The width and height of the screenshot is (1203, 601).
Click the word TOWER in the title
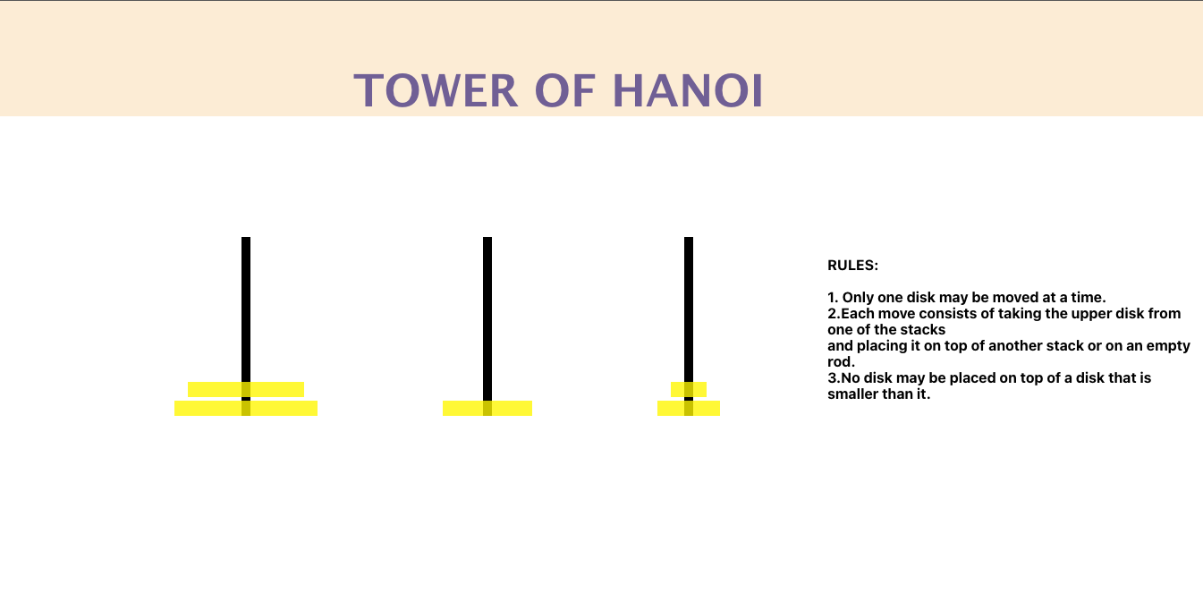[x=436, y=90]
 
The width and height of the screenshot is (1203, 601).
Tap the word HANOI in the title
[x=688, y=90]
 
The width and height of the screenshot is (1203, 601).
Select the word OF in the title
[x=565, y=90]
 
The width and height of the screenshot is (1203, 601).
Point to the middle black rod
[x=487, y=318]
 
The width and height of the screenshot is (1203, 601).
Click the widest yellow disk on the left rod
[x=246, y=408]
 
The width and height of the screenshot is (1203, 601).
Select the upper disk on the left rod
[x=246, y=389]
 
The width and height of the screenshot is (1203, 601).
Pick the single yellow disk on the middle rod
[x=487, y=408]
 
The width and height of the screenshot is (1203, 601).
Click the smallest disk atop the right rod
[x=689, y=389]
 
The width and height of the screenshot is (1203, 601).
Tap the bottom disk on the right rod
[x=689, y=408]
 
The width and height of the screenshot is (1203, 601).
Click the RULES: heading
[x=853, y=266]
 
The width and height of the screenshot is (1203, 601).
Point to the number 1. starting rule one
[x=833, y=298]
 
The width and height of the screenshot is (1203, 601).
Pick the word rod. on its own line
[x=841, y=362]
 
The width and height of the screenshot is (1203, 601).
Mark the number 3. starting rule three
[x=834, y=378]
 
